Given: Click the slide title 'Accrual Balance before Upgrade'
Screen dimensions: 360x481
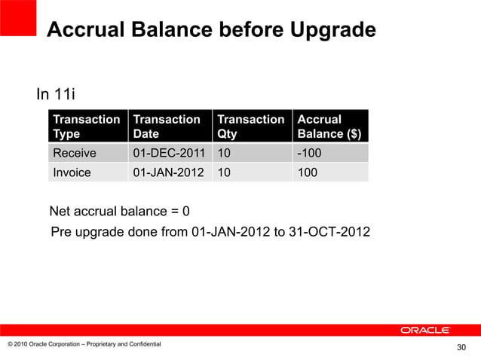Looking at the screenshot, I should (211, 31).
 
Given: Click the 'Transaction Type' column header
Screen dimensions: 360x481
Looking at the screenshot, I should (86, 127).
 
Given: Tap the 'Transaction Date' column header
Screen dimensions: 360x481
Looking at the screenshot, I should (167, 127).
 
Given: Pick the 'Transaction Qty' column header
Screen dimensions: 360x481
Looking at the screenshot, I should (251, 127).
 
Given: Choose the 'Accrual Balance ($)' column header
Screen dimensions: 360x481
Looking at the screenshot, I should (330, 127).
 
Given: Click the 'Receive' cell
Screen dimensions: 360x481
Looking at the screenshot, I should (74, 154).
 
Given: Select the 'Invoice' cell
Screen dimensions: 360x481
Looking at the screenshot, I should (72, 172).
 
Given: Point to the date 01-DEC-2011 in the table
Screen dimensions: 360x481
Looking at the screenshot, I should (168, 154).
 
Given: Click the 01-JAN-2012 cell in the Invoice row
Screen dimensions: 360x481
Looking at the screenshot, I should (168, 172).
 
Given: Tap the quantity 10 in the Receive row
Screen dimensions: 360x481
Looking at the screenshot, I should (225, 154).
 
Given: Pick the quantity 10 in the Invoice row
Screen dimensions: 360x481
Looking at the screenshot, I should (225, 172).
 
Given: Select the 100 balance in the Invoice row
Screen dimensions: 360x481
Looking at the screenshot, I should (308, 172).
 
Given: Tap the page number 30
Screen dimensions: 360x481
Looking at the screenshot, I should (463, 347).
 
